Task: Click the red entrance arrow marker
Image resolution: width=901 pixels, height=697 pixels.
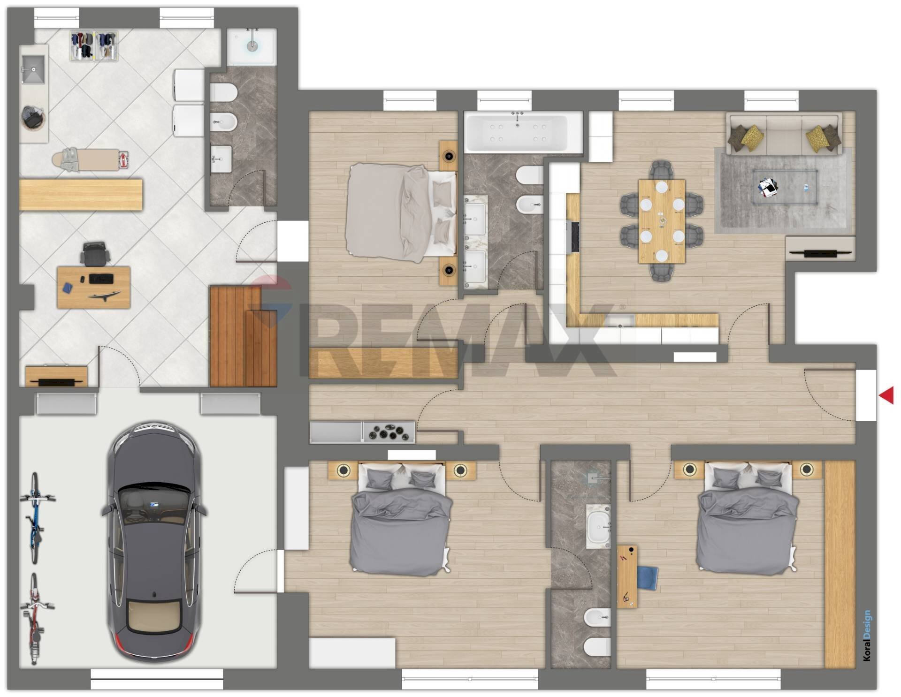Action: click(887, 395)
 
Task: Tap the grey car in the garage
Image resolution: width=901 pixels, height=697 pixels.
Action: click(154, 542)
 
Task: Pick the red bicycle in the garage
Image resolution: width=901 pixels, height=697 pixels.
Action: click(34, 619)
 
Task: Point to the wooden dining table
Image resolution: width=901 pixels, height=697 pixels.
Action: click(662, 221)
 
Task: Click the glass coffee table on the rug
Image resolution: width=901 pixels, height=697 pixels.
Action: click(785, 187)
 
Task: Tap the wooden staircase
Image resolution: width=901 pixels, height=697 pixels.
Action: click(243, 336)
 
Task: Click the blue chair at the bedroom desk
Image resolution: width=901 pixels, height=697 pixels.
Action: click(647, 577)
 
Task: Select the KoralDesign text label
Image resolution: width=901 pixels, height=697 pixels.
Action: click(867, 636)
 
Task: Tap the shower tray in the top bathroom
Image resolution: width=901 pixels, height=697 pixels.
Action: click(252, 46)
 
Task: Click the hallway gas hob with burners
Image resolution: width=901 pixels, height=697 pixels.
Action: click(389, 432)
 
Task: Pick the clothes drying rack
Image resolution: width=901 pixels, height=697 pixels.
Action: click(94, 45)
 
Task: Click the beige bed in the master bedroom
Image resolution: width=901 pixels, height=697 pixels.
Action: click(401, 213)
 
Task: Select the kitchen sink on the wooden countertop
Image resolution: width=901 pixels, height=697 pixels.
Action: click(619, 321)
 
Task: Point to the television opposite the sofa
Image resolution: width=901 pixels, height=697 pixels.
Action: click(820, 254)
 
